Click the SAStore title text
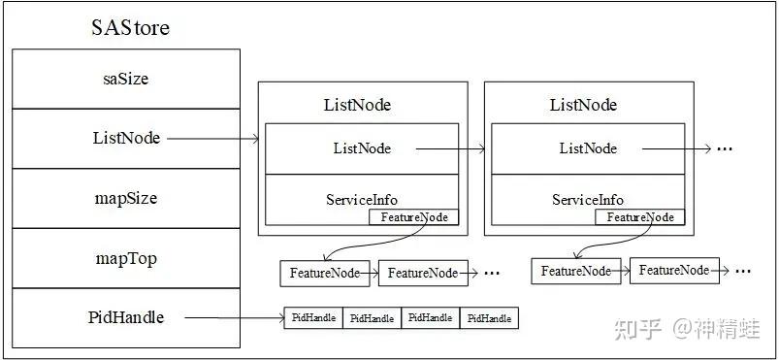130,27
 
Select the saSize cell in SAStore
126,79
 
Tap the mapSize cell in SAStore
126,198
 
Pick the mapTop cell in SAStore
126,258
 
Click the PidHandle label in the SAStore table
126,317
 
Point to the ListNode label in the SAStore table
127,138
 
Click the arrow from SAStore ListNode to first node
213,139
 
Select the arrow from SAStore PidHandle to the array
234,317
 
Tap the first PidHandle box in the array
313,317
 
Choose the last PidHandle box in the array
489,318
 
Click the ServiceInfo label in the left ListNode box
362,200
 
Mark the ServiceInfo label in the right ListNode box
588,200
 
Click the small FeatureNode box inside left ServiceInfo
414,217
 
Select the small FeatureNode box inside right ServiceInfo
640,217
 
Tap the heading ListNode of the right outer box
583,106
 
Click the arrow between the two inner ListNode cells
450,148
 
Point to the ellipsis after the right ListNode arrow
725,149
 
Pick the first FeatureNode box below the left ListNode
325,273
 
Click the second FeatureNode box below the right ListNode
674,271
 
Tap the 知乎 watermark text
637,329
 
